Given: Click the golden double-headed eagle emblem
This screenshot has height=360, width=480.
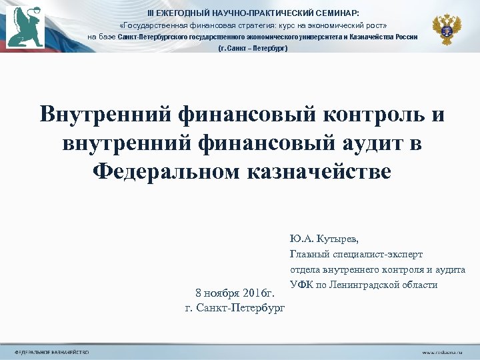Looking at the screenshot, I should click(447, 29).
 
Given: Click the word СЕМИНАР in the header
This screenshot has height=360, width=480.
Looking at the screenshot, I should click(339, 13).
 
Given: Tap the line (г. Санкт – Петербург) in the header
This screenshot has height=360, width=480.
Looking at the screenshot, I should click(253, 49).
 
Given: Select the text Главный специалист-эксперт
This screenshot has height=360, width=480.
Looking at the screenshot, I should click(356, 254).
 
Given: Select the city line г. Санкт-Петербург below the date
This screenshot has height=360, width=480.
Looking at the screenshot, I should click(234, 307).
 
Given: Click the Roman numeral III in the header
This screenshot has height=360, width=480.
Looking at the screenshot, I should click(151, 13).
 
